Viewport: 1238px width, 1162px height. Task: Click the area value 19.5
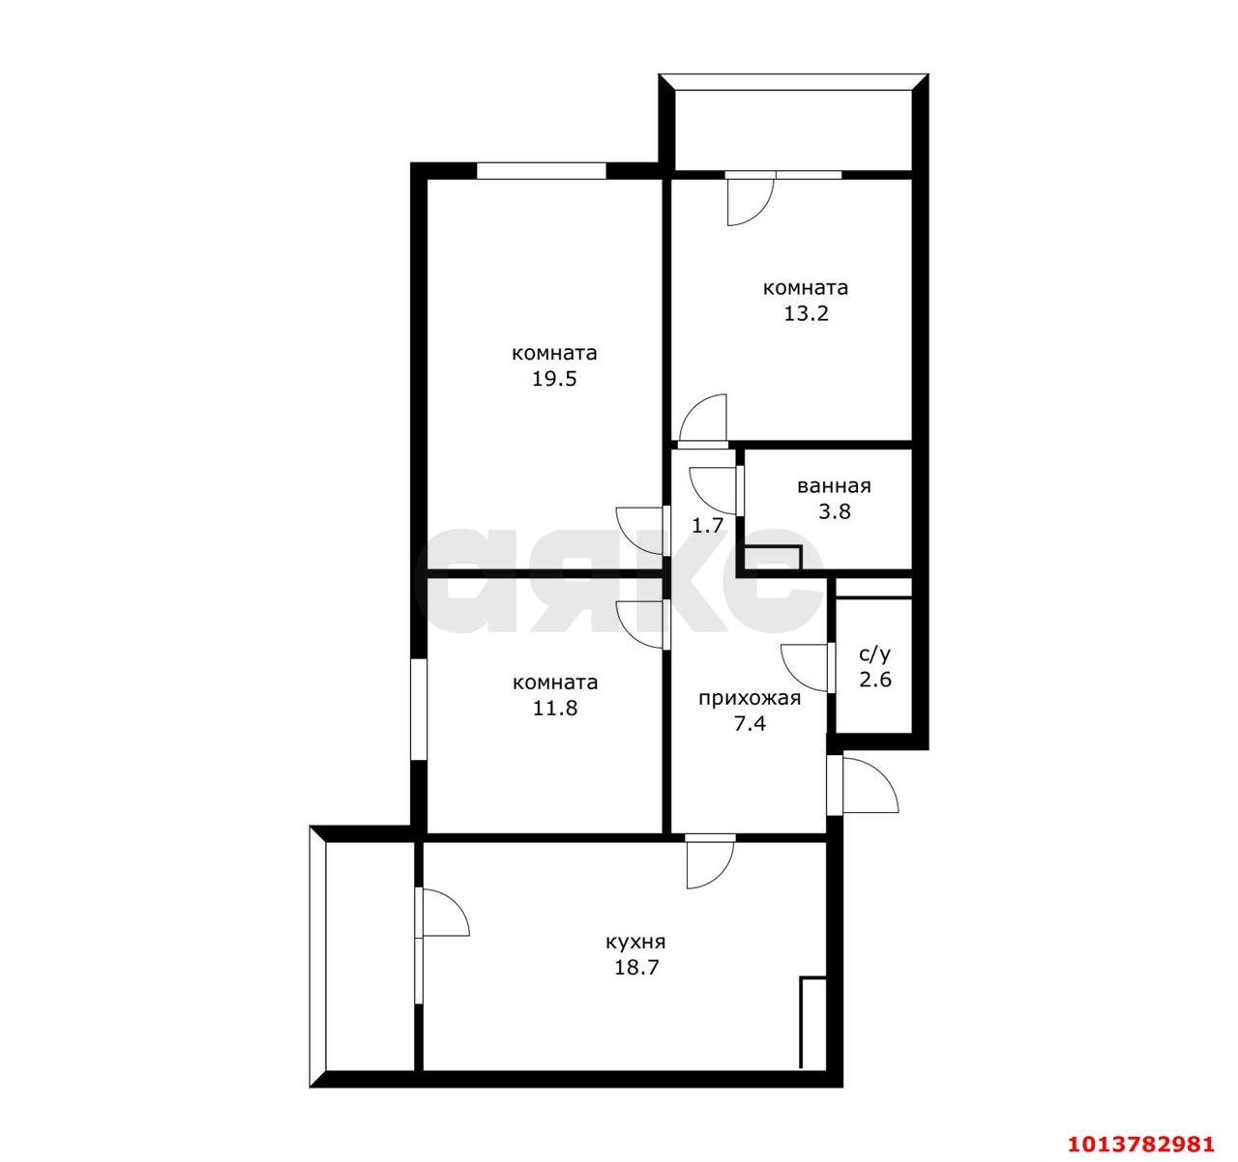point(554,379)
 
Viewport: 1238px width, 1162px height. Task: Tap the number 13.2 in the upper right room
point(806,313)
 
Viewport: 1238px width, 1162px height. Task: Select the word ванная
point(834,486)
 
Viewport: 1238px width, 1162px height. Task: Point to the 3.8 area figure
point(834,511)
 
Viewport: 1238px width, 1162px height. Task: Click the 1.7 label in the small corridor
point(708,525)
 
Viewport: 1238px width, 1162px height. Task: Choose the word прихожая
point(750,698)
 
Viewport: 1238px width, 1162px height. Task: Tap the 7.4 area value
point(750,724)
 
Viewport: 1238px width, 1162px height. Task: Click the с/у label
point(875,654)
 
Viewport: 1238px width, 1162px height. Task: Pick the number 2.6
point(875,680)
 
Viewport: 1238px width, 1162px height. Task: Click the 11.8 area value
point(555,709)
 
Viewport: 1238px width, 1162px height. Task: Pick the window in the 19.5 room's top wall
point(541,171)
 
